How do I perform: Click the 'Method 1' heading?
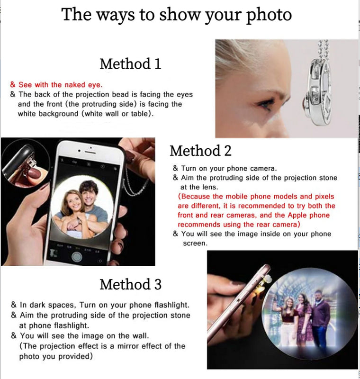click(130, 63)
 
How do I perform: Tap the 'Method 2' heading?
click(200, 151)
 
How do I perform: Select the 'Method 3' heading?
click(130, 284)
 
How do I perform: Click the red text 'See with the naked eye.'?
click(60, 85)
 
